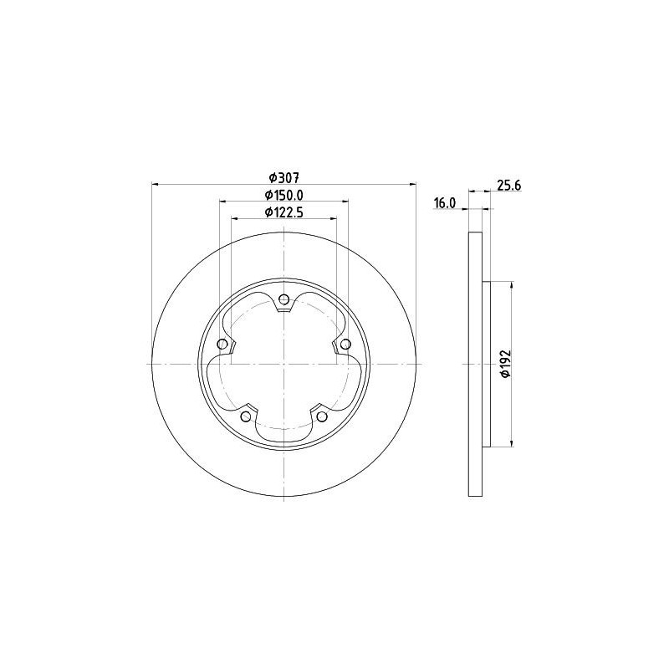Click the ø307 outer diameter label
pyautogui.click(x=283, y=176)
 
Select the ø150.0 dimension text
pyautogui.click(x=283, y=195)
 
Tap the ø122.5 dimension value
pyautogui.click(x=283, y=212)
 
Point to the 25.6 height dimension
pyautogui.click(x=509, y=186)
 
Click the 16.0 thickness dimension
pyautogui.click(x=445, y=203)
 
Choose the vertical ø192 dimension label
pyautogui.click(x=506, y=364)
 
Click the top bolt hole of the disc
pyautogui.click(x=283, y=299)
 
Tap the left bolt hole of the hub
pyautogui.click(x=222, y=344)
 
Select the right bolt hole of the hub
pyautogui.click(x=345, y=344)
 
